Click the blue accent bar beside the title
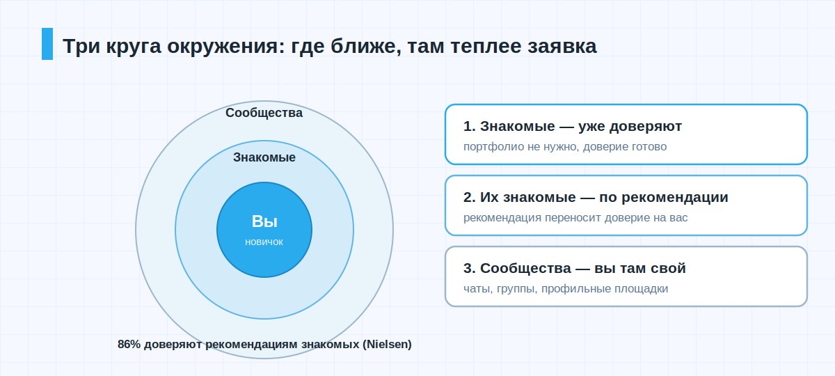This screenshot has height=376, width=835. tap(47, 44)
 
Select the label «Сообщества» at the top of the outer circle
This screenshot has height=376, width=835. tap(264, 113)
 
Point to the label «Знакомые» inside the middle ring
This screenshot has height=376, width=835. tap(264, 157)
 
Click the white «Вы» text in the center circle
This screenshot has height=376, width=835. tap(264, 221)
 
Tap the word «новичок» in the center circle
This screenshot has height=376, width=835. tap(264, 242)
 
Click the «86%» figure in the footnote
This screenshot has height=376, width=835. tap(129, 344)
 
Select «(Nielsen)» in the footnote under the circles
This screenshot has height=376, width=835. tap(388, 344)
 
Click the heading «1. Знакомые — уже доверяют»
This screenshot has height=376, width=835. tap(573, 127)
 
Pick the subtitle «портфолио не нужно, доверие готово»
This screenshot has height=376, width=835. tap(565, 147)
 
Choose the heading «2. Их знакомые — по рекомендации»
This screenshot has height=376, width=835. tap(596, 197)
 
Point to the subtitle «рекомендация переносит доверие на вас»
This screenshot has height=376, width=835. tap(575, 217)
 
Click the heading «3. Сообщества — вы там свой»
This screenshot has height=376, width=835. tap(575, 268)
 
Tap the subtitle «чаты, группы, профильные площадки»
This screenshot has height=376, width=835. tap(566, 289)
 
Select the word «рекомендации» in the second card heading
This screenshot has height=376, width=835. tap(675, 198)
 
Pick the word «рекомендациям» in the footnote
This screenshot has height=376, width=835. tap(252, 344)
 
